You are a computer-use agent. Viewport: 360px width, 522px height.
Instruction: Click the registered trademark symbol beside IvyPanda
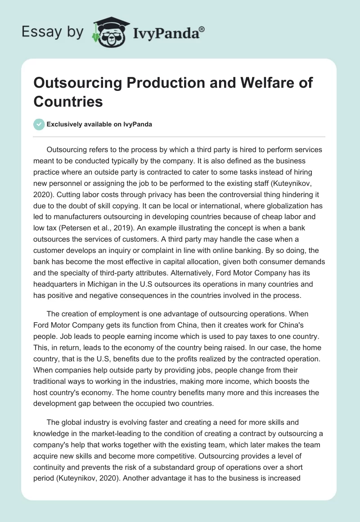202,29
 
